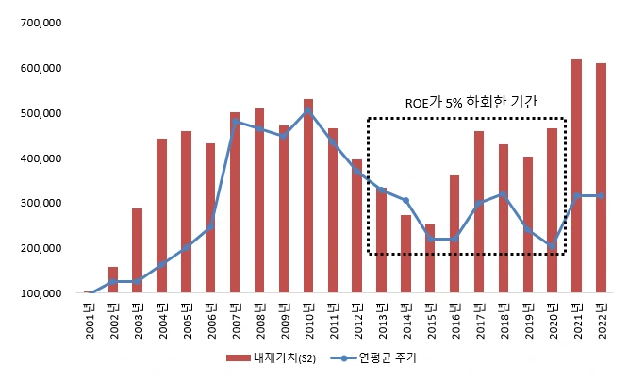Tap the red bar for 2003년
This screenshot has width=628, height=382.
point(138,251)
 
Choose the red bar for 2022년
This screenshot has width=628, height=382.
point(601,178)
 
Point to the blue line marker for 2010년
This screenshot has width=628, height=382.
point(308,110)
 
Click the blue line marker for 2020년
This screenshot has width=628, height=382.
point(552,246)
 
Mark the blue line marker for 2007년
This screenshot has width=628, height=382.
point(235,122)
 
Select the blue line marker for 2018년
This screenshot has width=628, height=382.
point(504,194)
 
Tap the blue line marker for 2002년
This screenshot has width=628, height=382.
point(113,282)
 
